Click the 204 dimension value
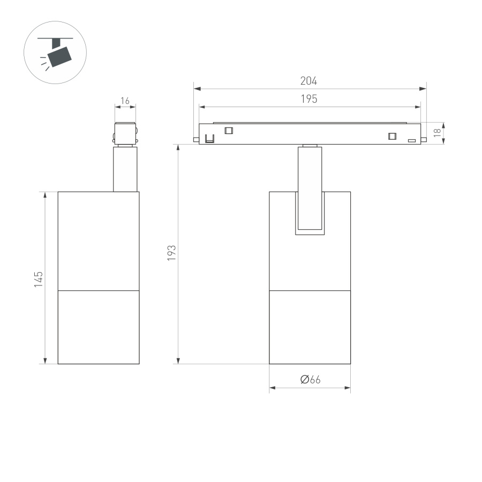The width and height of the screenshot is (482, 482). coord(308,81)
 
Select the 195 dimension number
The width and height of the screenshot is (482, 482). coord(308,99)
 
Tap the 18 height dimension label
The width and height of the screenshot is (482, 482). coord(438,133)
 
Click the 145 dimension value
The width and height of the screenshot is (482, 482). coord(39,279)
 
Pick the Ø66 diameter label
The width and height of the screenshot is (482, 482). coord(310,380)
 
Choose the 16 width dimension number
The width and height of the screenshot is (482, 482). coord(125,101)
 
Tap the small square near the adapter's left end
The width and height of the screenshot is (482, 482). coord(229,130)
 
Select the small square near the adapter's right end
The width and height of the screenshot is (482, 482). coord(393,136)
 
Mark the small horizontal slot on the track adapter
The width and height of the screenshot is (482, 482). coord(412,141)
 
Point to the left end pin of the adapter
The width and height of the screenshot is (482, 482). coord(196,140)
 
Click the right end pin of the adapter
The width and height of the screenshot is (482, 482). coord(424,140)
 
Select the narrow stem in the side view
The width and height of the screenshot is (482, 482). coord(125,169)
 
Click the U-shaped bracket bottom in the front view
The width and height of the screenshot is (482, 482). coord(310,232)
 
